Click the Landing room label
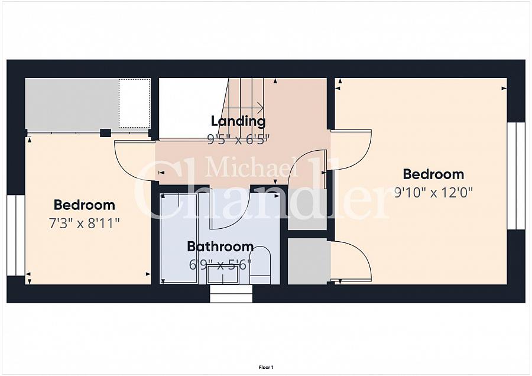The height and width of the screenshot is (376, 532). click(x=238, y=121)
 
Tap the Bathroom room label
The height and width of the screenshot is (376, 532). click(x=220, y=247)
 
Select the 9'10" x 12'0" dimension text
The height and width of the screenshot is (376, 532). click(x=434, y=193)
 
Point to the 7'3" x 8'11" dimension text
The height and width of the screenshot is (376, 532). click(x=84, y=223)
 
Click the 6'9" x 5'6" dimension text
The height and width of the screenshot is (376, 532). click(x=220, y=264)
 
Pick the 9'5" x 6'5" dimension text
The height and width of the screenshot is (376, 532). click(x=238, y=139)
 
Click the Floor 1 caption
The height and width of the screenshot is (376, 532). click(x=266, y=367)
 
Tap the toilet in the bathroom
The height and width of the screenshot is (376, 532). click(x=260, y=266)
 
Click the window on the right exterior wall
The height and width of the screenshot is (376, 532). click(x=516, y=176)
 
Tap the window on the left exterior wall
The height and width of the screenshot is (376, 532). click(x=16, y=235)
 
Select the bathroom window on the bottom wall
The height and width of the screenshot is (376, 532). click(x=231, y=294)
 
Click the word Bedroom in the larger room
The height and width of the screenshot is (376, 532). click(x=433, y=174)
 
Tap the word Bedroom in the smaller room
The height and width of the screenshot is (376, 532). click(x=84, y=205)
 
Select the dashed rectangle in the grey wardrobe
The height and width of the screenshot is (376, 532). click(x=134, y=103)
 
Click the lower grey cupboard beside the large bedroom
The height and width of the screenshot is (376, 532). click(x=308, y=261)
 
